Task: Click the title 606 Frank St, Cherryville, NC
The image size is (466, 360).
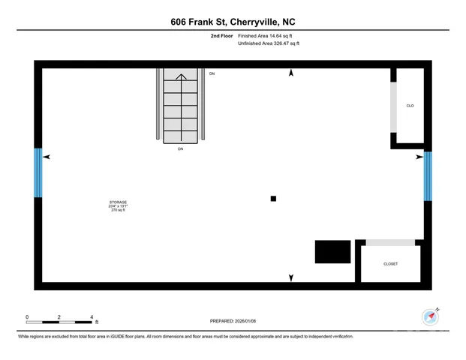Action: pos(233,23)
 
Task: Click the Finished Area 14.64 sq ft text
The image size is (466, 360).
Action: pos(267,36)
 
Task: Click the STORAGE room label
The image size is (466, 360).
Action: pos(118,202)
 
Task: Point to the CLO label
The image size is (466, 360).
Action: pos(410,106)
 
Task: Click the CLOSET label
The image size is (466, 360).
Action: pos(390,264)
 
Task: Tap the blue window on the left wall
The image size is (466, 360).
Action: pos(38,172)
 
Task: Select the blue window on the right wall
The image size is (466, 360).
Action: pos(428,176)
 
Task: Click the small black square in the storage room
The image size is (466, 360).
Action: pos(273,199)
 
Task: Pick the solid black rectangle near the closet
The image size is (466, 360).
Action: pos(332,252)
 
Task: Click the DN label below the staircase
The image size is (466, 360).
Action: pos(180,149)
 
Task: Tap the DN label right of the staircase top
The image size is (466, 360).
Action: pos(212,73)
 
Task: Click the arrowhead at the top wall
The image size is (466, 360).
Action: pos(291,73)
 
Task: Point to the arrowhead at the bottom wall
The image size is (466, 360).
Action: pos(291,278)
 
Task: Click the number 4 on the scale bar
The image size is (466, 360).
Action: pos(92,317)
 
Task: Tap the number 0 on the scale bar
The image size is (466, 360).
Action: pos(27,317)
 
